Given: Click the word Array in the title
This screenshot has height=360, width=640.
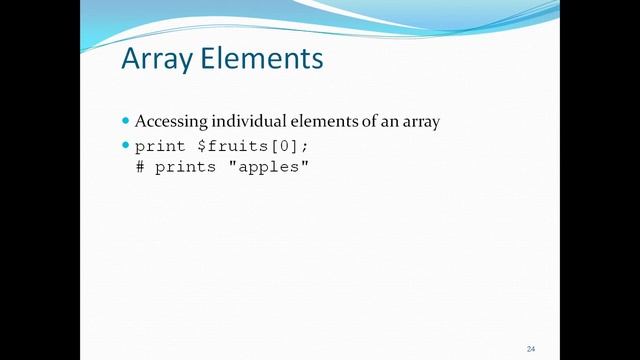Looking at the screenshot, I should [156, 59].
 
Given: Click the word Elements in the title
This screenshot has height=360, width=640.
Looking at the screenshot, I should [262, 59].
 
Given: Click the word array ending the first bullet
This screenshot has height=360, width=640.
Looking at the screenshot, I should [419, 123].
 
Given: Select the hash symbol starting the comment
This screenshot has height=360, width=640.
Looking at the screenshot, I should [140, 167].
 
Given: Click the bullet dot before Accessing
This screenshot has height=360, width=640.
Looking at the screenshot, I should [126, 121].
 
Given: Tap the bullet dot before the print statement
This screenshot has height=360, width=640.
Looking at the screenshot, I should [126, 145].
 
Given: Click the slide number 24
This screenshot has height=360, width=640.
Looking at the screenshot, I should [531, 348].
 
